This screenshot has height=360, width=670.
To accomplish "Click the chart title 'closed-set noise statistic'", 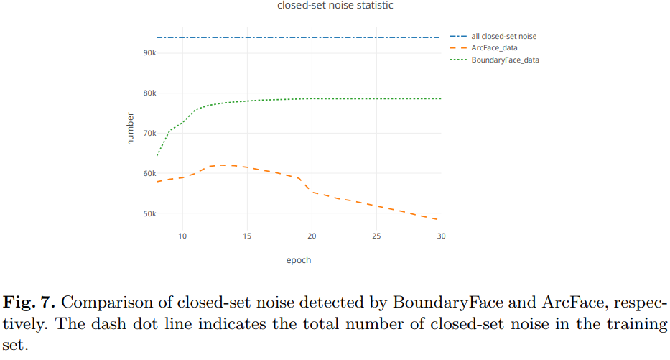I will (335, 6).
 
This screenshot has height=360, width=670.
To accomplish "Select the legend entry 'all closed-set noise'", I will (503, 36).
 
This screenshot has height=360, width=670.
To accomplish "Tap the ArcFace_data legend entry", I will (494, 48).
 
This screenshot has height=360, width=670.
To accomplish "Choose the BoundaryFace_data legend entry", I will (505, 60).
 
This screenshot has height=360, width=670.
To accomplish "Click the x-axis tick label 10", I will (182, 236).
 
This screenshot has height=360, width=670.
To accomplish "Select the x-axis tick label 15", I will (247, 236).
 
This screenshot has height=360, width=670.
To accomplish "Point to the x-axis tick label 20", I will (312, 236).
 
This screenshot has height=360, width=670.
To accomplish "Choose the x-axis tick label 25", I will (376, 236).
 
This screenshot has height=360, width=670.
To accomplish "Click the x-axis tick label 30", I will (441, 236).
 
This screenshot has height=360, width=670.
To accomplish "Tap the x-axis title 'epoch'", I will (299, 260).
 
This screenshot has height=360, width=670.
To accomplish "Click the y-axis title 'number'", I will (130, 129).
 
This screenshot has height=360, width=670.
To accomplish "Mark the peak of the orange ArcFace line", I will (223, 165).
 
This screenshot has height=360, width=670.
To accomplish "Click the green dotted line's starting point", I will (157, 155).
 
